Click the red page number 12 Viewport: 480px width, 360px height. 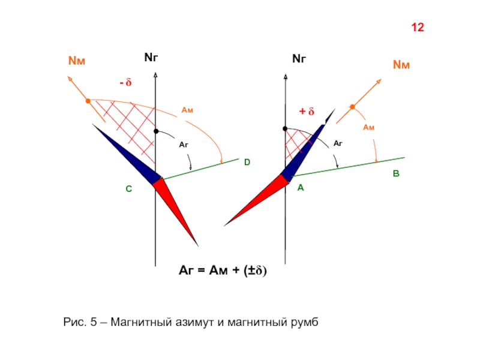(418, 28)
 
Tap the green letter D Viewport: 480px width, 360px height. (247, 162)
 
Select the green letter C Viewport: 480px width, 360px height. (129, 189)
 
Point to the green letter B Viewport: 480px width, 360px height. (396, 173)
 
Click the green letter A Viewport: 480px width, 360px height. (301, 188)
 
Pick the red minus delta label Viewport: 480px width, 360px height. (125, 82)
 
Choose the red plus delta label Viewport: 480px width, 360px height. (307, 111)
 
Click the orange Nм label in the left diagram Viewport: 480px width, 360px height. (77, 61)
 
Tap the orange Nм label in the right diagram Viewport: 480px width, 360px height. (401, 65)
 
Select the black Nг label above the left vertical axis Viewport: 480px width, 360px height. (151, 57)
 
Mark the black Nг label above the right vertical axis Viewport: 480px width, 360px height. (299, 58)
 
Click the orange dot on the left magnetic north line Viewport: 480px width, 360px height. (88, 101)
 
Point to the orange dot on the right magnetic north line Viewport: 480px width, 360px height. (352, 107)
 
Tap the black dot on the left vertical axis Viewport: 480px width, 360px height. (156, 131)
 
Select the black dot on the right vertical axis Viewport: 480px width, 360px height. (285, 129)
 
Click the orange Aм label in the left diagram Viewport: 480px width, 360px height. (187, 110)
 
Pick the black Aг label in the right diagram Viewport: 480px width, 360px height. (338, 143)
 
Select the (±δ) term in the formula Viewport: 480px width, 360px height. (256, 271)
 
